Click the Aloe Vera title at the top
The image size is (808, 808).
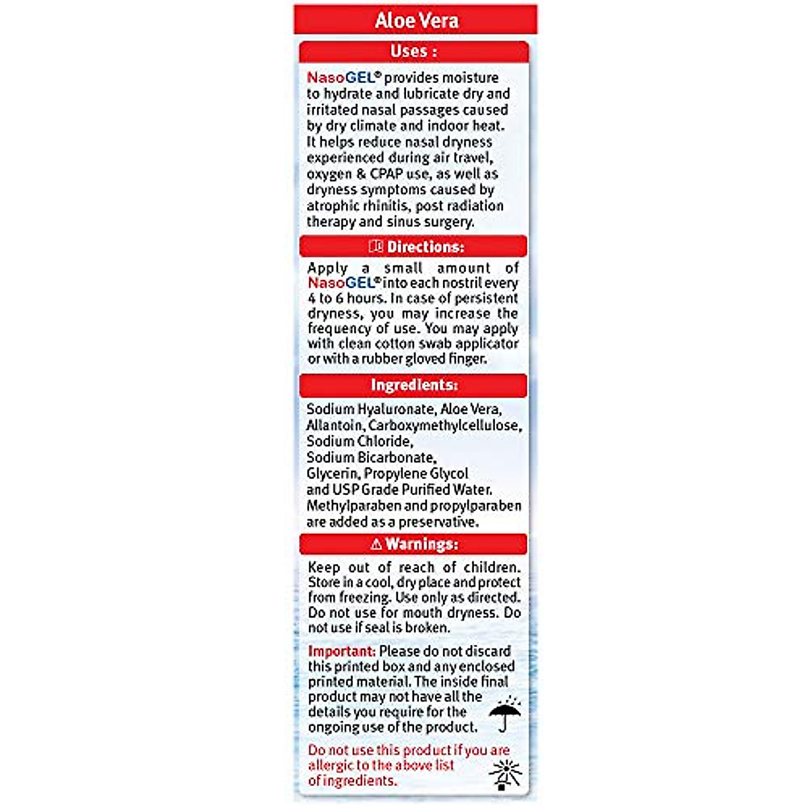point(416,20)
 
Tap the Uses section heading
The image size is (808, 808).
point(413,51)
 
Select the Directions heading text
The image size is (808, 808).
point(426,246)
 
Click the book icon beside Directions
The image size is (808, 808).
point(376,246)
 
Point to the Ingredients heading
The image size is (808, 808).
point(414,385)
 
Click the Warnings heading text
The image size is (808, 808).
point(422,544)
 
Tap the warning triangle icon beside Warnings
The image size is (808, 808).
point(376,544)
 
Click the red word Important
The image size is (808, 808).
point(341,651)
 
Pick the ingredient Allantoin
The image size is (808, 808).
point(333,426)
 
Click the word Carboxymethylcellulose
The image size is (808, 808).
point(444,426)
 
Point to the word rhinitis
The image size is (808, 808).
point(384,205)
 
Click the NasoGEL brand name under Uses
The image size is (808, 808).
point(343,77)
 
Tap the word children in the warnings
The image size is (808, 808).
point(492,567)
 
